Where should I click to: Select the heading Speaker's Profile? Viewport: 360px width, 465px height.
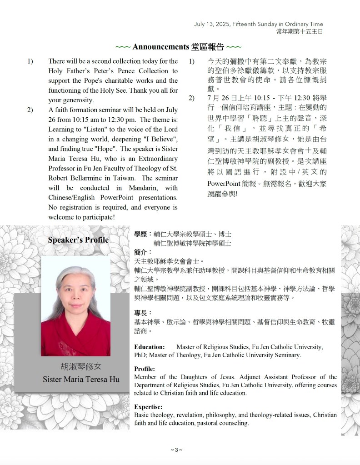coord(78,240)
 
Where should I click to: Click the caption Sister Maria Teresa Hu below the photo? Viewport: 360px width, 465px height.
coord(81,379)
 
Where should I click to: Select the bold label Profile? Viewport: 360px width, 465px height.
coord(145,369)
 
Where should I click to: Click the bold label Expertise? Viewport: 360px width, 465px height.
coord(148,407)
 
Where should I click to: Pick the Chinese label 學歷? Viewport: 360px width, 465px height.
coord(141,235)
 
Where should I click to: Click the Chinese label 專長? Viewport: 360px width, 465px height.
coord(141,313)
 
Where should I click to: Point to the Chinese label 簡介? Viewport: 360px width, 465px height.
coord(141,252)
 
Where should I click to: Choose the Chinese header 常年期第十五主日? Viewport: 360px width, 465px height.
coord(300,31)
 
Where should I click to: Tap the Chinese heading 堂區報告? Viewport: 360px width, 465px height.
coord(209,46)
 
